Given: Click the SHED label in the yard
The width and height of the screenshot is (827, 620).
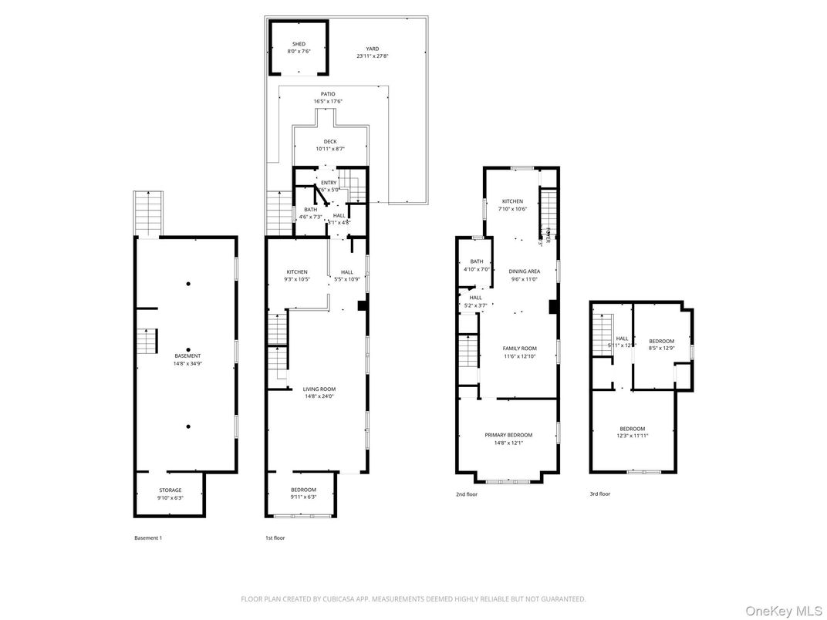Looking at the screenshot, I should pyautogui.click(x=299, y=44).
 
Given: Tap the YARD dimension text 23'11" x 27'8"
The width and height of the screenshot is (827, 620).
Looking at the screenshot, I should pyautogui.click(x=373, y=56).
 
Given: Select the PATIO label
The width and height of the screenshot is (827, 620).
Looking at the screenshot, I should pyautogui.click(x=329, y=94).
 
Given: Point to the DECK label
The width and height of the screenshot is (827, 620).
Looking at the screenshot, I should pyautogui.click(x=330, y=141).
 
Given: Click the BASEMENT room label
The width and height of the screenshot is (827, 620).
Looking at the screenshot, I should pyautogui.click(x=187, y=355).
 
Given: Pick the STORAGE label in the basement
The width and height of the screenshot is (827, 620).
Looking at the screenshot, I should pyautogui.click(x=170, y=490).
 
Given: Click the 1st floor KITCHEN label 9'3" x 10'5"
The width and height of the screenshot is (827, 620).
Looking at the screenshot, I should pyautogui.click(x=297, y=271).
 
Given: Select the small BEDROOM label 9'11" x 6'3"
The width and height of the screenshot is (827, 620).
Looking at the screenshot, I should pyautogui.click(x=303, y=490).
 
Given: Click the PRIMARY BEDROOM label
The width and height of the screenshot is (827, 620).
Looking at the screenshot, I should pyautogui.click(x=508, y=435).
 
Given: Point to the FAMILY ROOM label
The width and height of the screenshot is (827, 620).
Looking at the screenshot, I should pyautogui.click(x=519, y=349).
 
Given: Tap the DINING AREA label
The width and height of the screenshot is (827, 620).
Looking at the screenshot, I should pyautogui.click(x=524, y=271).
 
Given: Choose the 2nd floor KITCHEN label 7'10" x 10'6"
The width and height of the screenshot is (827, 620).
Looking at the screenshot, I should pyautogui.click(x=512, y=201).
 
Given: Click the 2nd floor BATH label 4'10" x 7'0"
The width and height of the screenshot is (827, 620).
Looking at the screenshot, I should pyautogui.click(x=476, y=261).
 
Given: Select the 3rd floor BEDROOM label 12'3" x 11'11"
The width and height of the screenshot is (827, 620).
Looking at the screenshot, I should pyautogui.click(x=632, y=429).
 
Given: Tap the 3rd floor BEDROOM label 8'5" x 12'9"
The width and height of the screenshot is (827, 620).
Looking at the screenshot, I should pyautogui.click(x=661, y=341).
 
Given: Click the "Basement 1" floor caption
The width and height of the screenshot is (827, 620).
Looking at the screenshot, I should pyautogui.click(x=148, y=537).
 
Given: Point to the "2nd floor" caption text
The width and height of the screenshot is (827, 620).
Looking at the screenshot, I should pyautogui.click(x=467, y=494).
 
